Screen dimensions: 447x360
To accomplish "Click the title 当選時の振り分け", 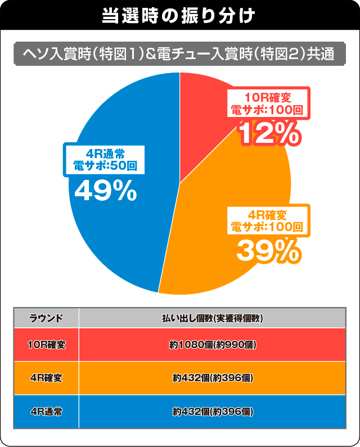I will click(179, 16).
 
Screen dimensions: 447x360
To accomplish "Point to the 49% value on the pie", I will click(106, 192).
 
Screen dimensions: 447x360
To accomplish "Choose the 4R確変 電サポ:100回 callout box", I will click(268, 221).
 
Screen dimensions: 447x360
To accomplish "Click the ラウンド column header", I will click(46, 318).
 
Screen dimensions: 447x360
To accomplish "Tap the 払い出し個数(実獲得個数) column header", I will click(212, 318).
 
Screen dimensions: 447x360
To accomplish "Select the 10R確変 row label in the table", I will click(46, 344).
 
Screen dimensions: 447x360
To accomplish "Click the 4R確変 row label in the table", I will click(46, 378).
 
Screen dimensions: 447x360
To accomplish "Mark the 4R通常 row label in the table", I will click(46, 412).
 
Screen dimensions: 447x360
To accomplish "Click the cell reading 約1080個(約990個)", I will click(212, 344).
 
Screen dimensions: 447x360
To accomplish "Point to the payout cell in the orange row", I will click(212, 378).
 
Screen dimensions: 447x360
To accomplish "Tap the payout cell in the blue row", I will click(212, 412).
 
